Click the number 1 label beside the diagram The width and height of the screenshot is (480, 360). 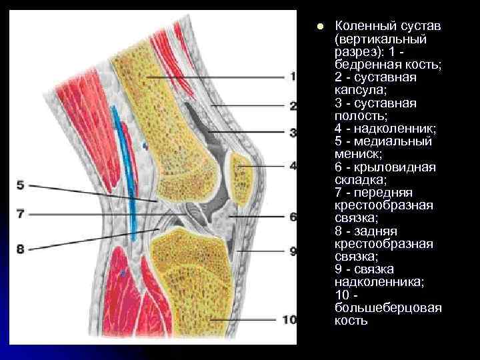tap(293, 77)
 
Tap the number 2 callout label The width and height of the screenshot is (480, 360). tap(293, 105)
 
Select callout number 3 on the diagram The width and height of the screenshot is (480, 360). tap(293, 133)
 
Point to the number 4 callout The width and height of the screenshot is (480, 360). tap(293, 165)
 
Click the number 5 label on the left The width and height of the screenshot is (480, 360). tap(20, 184)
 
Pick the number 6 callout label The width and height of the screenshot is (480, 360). tap(293, 217)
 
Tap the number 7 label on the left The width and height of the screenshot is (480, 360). tap(20, 215)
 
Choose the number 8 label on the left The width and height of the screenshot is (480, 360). tap(20, 249)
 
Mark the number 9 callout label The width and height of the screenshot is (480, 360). tap(293, 251)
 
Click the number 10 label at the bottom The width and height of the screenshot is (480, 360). tap(289, 320)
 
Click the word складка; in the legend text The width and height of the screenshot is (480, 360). tap(360, 180)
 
